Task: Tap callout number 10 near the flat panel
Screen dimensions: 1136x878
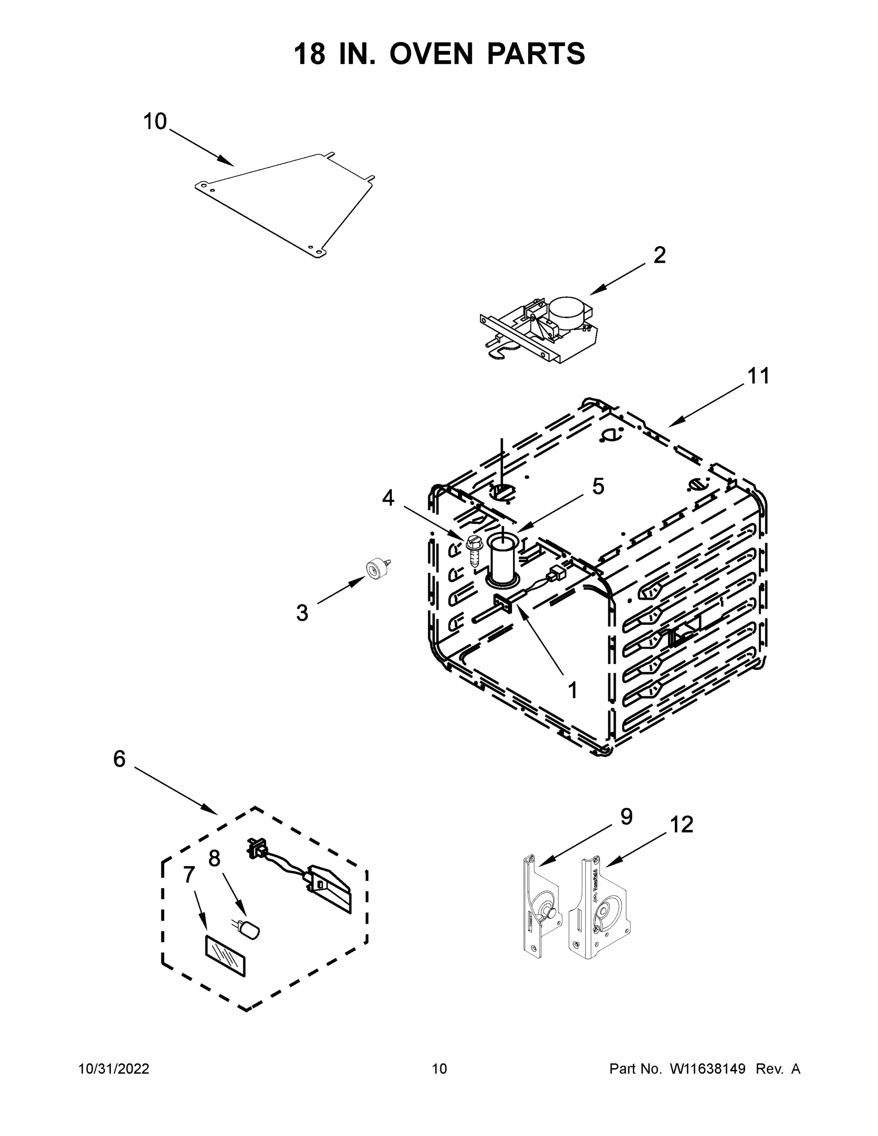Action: click(154, 122)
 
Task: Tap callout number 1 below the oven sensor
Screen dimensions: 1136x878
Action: click(573, 691)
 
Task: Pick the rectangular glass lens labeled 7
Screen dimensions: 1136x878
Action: click(225, 956)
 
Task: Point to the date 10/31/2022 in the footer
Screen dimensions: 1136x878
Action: click(114, 1068)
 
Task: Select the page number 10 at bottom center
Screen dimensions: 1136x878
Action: click(439, 1068)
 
